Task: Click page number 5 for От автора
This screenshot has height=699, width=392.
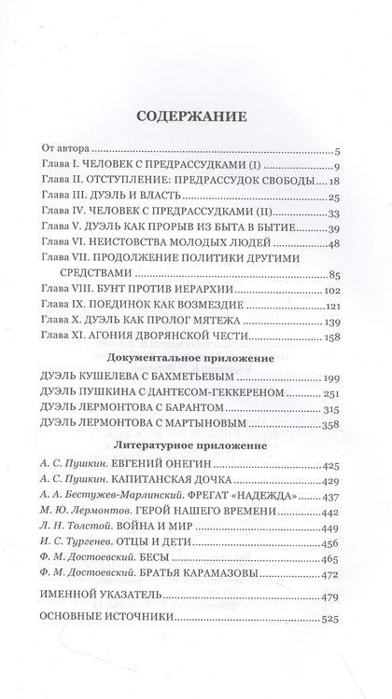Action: [343, 151]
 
